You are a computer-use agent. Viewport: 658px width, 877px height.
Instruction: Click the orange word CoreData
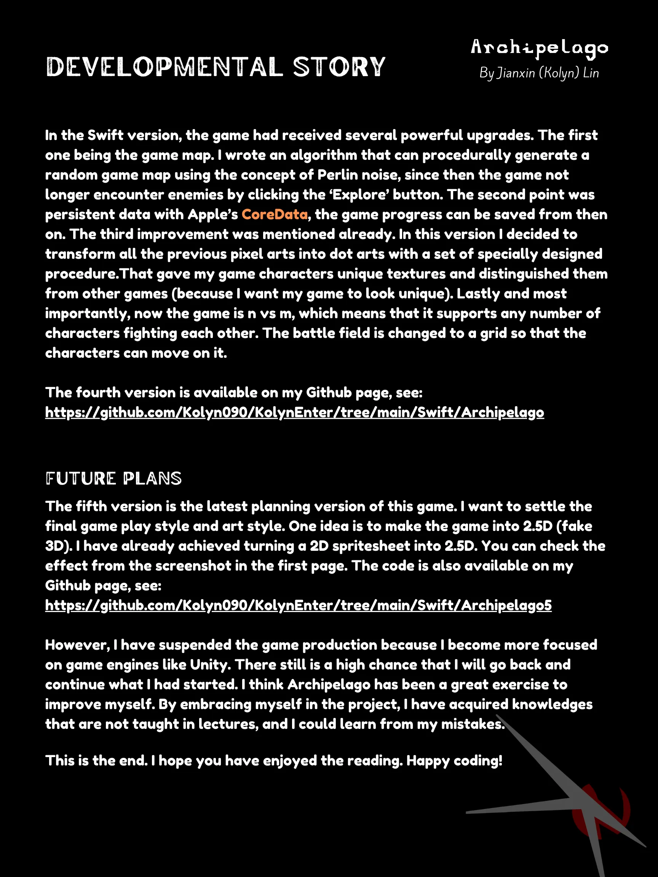pos(275,215)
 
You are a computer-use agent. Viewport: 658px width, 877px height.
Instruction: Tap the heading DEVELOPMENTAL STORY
pos(216,67)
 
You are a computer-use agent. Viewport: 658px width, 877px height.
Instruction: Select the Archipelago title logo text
pos(539,48)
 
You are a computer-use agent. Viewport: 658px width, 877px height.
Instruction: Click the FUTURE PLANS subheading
pos(113,478)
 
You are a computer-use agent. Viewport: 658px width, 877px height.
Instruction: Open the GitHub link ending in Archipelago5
pos(298,606)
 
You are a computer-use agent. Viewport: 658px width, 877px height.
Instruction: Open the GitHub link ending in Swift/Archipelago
pos(294,412)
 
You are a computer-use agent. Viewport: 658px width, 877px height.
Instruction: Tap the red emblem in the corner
pos(601,813)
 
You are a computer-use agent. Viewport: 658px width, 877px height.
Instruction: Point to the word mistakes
pos(473,724)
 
